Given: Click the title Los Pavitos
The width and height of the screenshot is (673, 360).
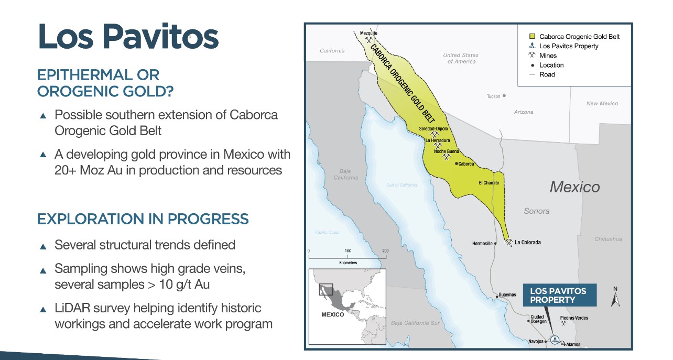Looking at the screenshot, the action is (x=128, y=36).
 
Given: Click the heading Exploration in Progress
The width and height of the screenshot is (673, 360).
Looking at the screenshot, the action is (x=143, y=219).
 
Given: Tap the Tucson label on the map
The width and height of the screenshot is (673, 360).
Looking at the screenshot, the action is (x=493, y=96).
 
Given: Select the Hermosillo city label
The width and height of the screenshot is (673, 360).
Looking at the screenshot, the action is (x=482, y=243).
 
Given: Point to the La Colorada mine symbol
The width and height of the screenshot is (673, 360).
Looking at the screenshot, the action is (x=508, y=242).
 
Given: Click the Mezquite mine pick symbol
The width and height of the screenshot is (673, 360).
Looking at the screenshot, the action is (x=368, y=40).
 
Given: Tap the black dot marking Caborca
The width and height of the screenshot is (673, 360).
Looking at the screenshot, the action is (x=457, y=163).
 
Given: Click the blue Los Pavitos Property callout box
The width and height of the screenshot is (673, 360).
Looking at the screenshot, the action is (x=560, y=295).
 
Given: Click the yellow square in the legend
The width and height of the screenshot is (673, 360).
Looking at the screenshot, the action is (x=532, y=36).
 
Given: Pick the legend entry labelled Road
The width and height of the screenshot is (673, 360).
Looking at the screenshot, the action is (x=547, y=74).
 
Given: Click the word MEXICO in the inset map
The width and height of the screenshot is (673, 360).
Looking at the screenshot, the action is (x=333, y=314).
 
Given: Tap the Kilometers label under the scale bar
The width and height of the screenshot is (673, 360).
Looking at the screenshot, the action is (x=348, y=263).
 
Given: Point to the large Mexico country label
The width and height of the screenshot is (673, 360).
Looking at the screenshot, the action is (x=575, y=187).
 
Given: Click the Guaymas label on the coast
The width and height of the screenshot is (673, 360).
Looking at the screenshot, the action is (x=507, y=294).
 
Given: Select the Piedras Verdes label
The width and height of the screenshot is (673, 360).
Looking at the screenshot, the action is (x=574, y=318).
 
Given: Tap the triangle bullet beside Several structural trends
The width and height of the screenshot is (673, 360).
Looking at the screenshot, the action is (x=43, y=247).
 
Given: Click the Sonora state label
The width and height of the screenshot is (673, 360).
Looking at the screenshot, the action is (x=537, y=211).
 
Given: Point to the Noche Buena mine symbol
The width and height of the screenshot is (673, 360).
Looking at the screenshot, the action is (x=447, y=157).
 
